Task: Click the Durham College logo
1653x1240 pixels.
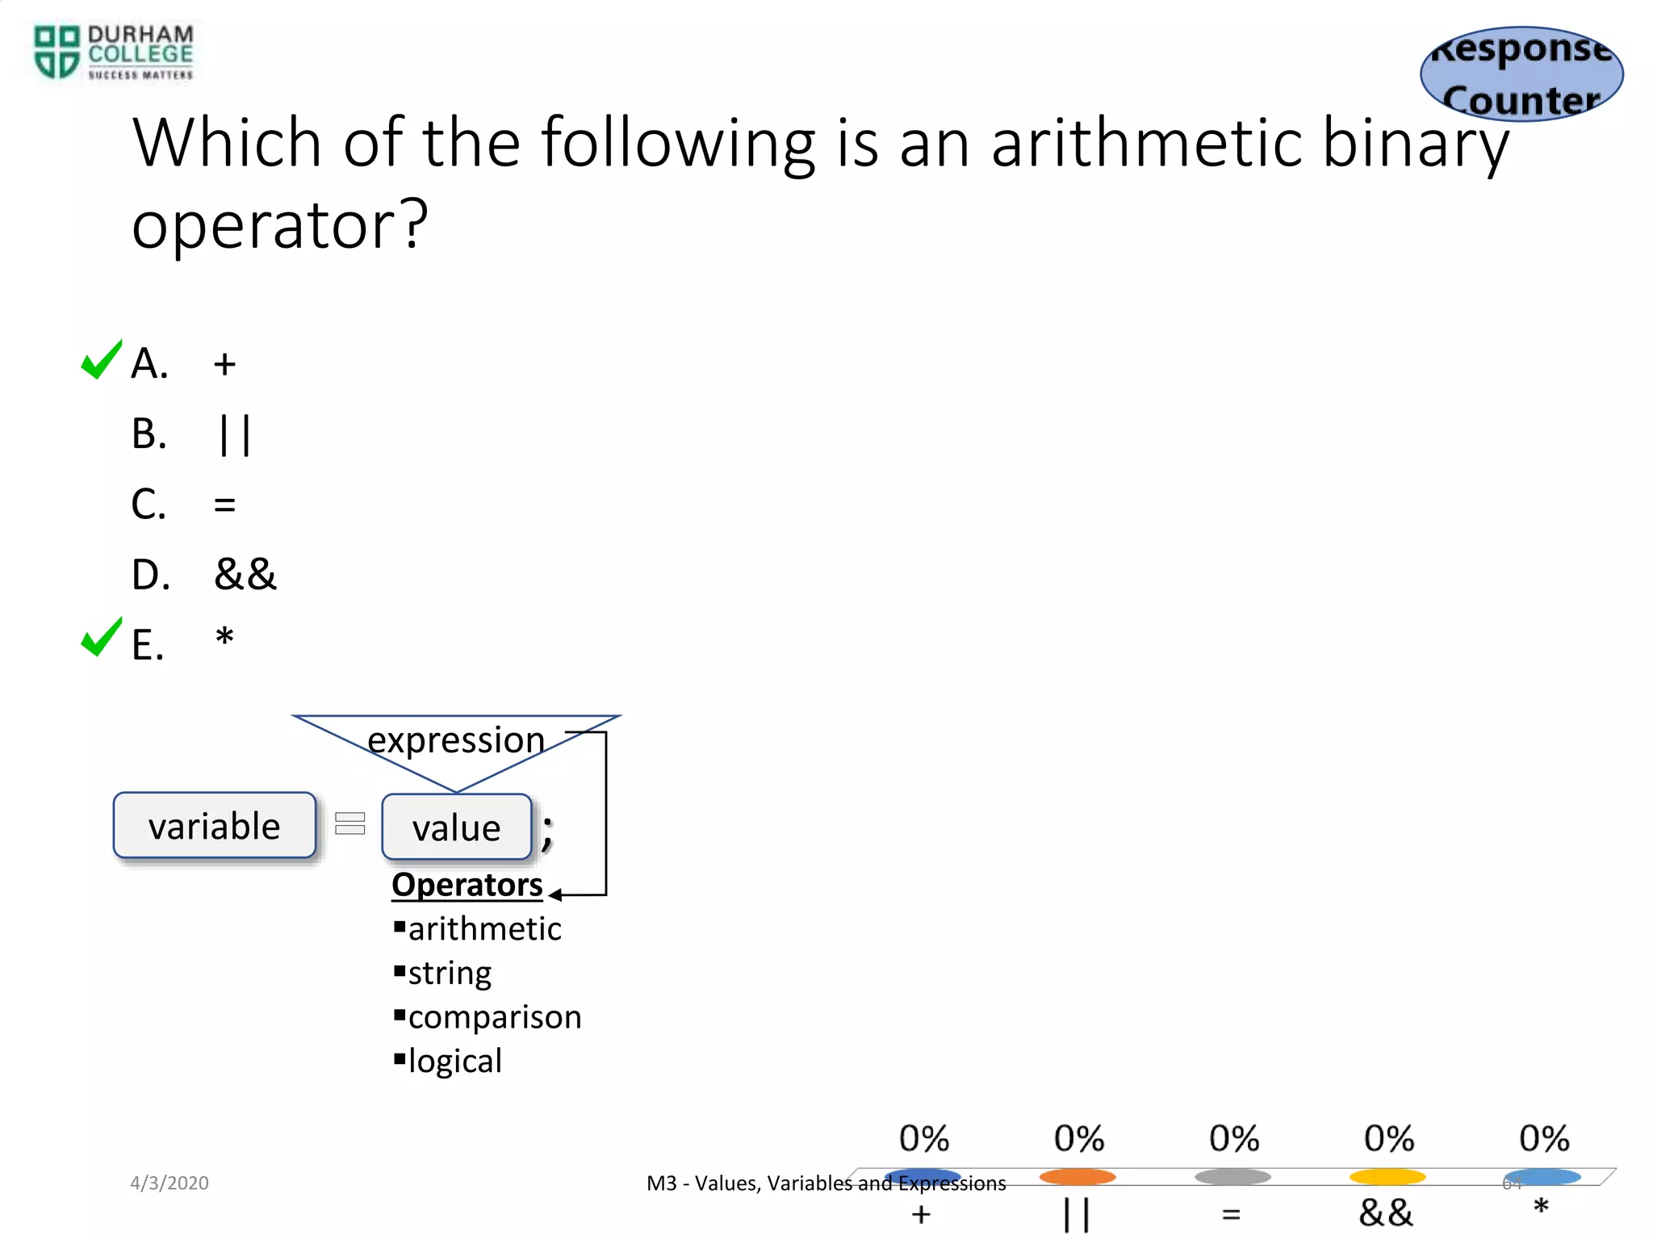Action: (113, 52)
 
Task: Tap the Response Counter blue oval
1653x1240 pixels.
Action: (1521, 74)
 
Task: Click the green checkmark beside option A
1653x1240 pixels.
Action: (102, 360)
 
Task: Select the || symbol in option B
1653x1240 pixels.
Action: (235, 435)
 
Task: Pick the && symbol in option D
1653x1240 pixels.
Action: (245, 575)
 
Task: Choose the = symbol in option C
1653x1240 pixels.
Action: (224, 505)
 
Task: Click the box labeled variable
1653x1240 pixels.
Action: (215, 826)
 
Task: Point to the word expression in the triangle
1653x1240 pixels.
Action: (456, 739)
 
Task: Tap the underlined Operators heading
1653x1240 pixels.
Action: (467, 885)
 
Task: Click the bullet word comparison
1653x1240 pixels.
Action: (494, 1017)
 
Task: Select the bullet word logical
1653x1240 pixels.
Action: (454, 1061)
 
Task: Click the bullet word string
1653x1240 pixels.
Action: (450, 973)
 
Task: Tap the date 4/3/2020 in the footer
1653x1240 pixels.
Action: (169, 1183)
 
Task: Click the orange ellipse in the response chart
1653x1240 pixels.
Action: (1078, 1177)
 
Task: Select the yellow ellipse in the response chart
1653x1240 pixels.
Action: (1387, 1177)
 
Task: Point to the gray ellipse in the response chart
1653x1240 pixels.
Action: (1232, 1177)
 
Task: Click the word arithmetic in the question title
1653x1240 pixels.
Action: (1146, 143)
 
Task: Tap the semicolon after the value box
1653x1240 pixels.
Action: (547, 832)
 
